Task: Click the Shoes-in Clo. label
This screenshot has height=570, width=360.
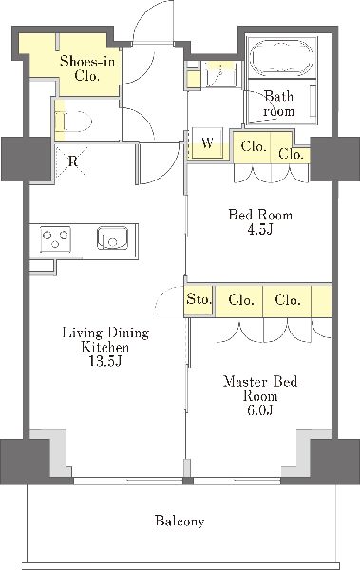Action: coord(87,68)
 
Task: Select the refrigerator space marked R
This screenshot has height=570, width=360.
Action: coord(71,161)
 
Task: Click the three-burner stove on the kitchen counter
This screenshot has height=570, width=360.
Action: coord(55,239)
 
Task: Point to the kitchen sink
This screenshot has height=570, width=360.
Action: coord(113,238)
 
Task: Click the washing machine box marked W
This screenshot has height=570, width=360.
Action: coord(207,142)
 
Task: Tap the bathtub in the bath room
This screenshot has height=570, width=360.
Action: coord(281,58)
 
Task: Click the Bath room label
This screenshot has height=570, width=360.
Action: coord(279,104)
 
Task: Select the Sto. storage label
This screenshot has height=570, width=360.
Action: coord(199,299)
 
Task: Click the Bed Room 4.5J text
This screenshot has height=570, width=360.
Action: coord(260,221)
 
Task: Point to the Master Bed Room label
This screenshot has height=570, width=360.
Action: coord(260,389)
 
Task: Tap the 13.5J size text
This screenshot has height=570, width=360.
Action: coord(104,361)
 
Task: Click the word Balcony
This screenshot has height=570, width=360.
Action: coord(180,521)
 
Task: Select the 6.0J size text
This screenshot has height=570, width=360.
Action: coord(260,410)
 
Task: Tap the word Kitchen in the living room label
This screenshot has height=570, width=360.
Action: coord(104,347)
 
